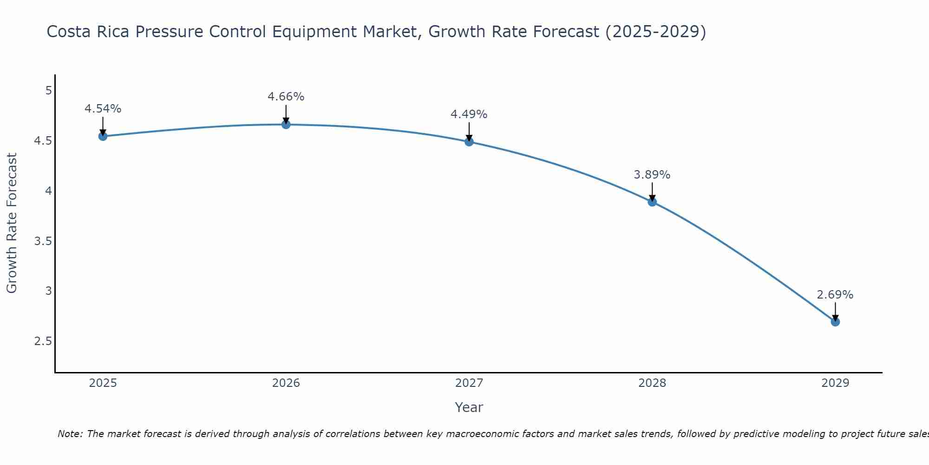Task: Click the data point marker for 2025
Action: click(103, 136)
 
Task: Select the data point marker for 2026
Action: click(286, 124)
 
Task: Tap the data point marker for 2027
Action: click(469, 142)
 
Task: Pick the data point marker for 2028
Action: click(652, 202)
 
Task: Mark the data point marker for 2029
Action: click(835, 322)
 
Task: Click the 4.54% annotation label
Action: click(103, 109)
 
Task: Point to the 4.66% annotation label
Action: click(286, 97)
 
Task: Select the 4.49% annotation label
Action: click(469, 114)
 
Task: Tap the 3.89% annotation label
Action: click(652, 175)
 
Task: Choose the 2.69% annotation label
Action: click(835, 295)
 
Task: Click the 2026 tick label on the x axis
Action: click(286, 383)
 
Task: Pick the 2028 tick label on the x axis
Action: click(652, 383)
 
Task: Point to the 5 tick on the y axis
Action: click(48, 90)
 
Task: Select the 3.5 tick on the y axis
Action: click(43, 241)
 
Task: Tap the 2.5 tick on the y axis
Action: click(43, 341)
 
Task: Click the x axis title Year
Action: click(469, 407)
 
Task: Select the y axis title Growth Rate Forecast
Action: click(12, 223)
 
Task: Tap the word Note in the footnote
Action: click(70, 434)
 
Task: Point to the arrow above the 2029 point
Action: click(835, 311)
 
